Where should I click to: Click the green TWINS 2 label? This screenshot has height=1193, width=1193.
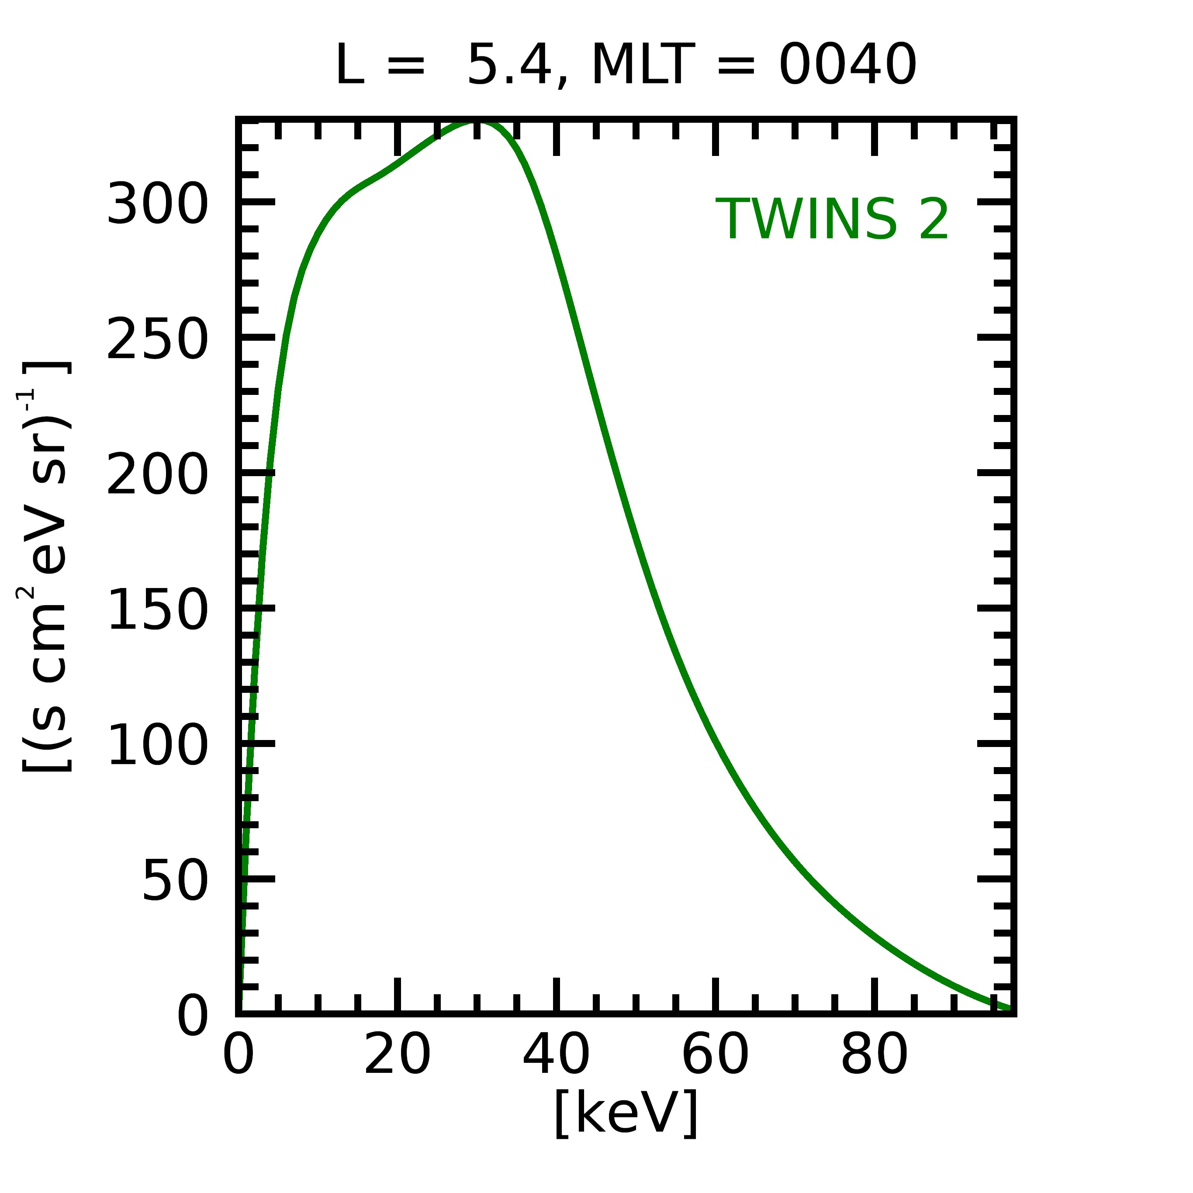831,219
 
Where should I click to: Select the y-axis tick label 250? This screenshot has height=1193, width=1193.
157,339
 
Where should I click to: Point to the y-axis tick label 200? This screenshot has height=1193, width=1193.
157,475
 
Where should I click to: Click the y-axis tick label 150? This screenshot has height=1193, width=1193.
157,610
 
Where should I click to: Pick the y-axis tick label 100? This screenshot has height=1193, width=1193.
157,745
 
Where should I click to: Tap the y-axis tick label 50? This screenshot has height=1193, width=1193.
175,881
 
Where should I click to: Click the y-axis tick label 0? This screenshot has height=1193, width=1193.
193,1016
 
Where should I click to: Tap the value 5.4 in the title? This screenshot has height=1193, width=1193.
508,65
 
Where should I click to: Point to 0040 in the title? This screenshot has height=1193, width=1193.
847,65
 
